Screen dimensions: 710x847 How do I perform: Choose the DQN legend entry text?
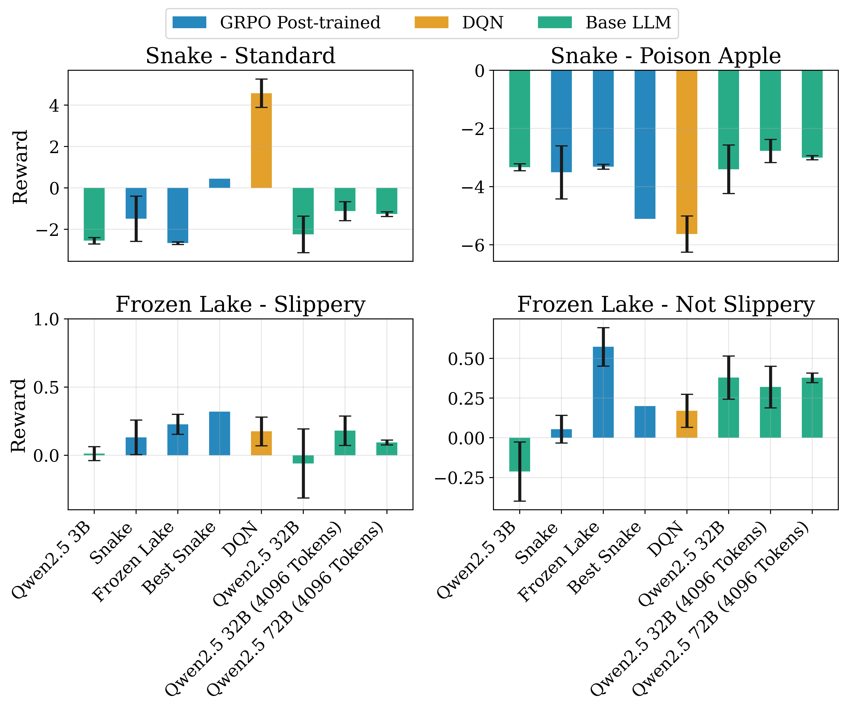pyautogui.click(x=483, y=23)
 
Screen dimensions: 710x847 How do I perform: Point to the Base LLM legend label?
pyautogui.click(x=628, y=23)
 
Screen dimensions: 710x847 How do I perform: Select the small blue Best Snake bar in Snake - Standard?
pyautogui.click(x=219, y=183)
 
